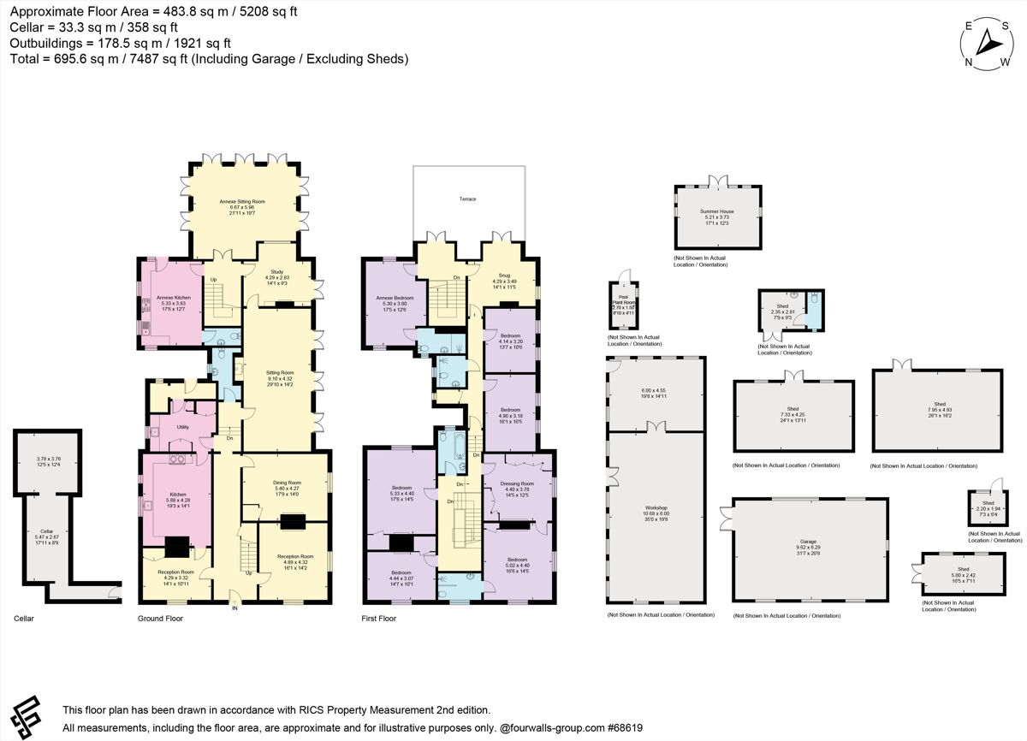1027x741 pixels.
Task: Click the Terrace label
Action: tap(466, 199)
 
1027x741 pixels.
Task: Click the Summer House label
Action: tap(716, 211)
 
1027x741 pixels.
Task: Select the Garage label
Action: tap(809, 542)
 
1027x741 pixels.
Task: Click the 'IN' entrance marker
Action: tap(234, 608)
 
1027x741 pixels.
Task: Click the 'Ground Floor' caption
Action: tap(160, 618)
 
